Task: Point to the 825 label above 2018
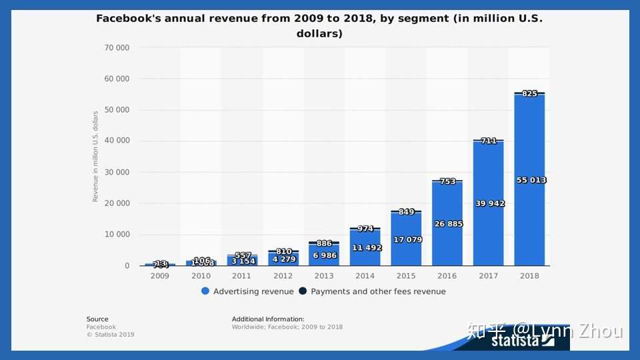click(x=529, y=93)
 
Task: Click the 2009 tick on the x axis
click(x=160, y=275)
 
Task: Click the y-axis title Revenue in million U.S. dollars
click(x=95, y=157)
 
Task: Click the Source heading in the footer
click(x=97, y=319)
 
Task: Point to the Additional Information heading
click(x=268, y=319)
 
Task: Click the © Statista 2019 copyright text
click(x=110, y=335)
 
